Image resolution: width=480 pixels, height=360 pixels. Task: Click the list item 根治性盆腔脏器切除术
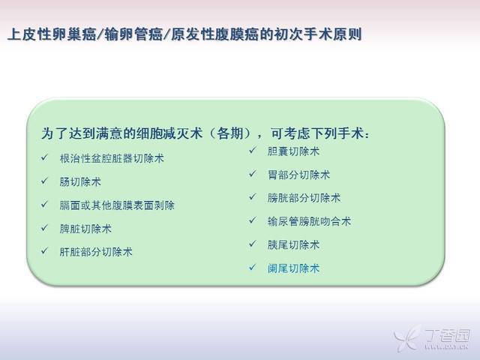coord(112,158)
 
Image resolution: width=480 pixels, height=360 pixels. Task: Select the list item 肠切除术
coord(80,181)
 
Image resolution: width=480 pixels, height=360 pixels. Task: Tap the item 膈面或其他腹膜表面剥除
coord(117,205)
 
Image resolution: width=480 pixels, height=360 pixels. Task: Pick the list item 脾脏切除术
coord(85,229)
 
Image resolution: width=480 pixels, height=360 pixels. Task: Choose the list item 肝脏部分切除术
coord(96,252)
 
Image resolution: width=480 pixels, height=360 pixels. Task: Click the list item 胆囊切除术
coord(293,151)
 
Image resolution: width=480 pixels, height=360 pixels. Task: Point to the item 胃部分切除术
coord(298,175)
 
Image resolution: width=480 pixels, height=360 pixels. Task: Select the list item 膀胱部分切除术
coord(304,198)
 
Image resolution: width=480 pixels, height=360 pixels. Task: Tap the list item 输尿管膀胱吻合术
coord(309,221)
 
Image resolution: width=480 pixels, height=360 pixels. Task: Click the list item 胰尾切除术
coord(293,245)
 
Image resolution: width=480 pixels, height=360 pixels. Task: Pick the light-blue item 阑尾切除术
coord(293,268)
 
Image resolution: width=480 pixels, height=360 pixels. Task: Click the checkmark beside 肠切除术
coord(45,181)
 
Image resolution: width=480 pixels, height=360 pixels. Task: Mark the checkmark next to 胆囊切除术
coord(253,150)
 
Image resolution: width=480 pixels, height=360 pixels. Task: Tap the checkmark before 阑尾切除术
coord(253,268)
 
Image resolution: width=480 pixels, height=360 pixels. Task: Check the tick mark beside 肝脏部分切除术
coord(45,251)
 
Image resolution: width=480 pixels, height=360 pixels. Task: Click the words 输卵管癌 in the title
coord(133,34)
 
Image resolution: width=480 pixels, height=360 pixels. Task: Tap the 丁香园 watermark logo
coord(432,337)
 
